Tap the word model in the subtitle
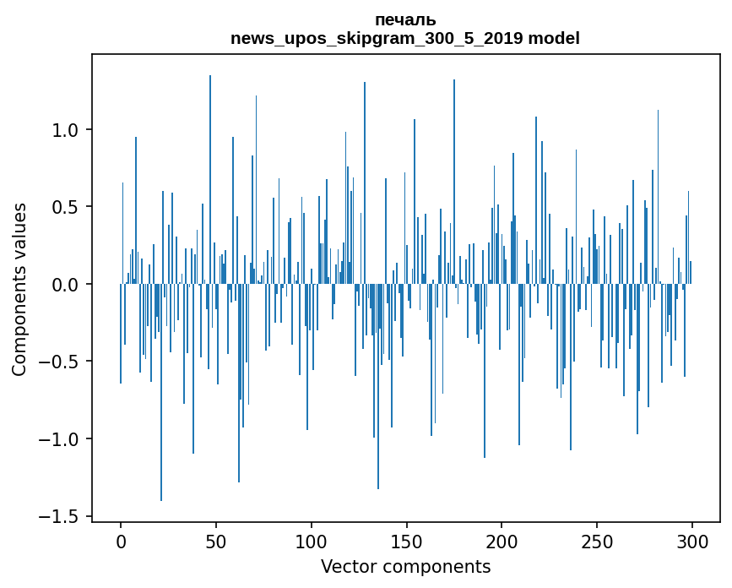[550, 39]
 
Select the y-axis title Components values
[19, 289]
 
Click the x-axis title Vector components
[405, 567]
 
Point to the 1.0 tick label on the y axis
[66, 130]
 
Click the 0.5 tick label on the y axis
[66, 207]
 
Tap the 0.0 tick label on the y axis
[66, 285]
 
